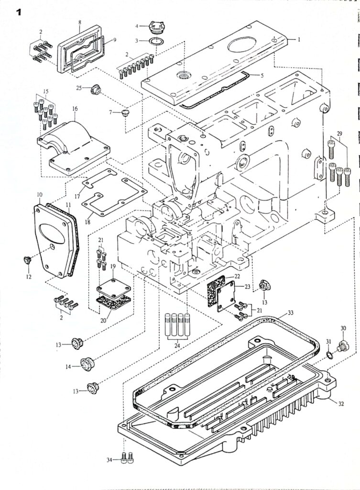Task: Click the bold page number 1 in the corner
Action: [20, 12]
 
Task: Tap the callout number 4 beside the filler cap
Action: [137, 25]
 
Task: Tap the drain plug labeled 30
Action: [342, 346]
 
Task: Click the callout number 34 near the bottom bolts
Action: [109, 460]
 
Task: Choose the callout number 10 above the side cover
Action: [40, 195]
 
